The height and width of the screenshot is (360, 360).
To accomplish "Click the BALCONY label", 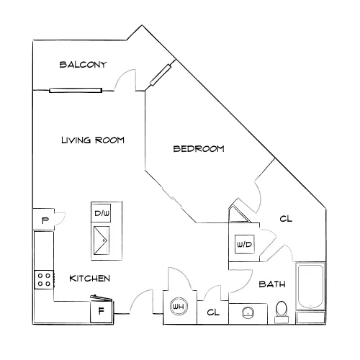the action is click(x=83, y=65).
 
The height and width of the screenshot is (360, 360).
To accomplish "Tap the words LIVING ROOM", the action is click(x=93, y=140).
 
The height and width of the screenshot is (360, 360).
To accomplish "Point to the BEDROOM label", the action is click(x=199, y=149).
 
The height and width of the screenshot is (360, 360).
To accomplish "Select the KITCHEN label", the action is click(x=90, y=279).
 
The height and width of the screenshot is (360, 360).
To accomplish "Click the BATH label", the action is click(x=272, y=284).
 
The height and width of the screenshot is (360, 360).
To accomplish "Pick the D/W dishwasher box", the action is click(x=101, y=213).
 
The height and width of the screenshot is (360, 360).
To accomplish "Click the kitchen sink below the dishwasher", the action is click(x=102, y=240).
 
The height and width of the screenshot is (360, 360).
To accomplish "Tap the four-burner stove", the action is click(x=44, y=280).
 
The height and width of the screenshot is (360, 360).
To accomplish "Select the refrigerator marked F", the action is click(x=102, y=311).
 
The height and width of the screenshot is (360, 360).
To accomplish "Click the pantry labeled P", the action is click(x=44, y=220).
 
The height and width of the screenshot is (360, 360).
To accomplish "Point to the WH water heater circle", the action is click(x=179, y=307).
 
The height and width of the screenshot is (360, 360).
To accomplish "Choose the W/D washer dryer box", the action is click(x=244, y=244).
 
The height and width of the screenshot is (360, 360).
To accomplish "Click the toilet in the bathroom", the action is click(x=282, y=312).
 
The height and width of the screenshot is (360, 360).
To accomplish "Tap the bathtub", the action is click(x=310, y=286).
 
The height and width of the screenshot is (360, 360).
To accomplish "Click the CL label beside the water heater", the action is click(x=213, y=312).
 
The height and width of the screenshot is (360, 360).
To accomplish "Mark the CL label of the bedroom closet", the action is click(x=286, y=219).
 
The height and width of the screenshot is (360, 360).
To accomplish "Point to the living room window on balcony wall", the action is click(x=76, y=90).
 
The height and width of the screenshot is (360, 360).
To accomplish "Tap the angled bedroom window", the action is click(x=161, y=75).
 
